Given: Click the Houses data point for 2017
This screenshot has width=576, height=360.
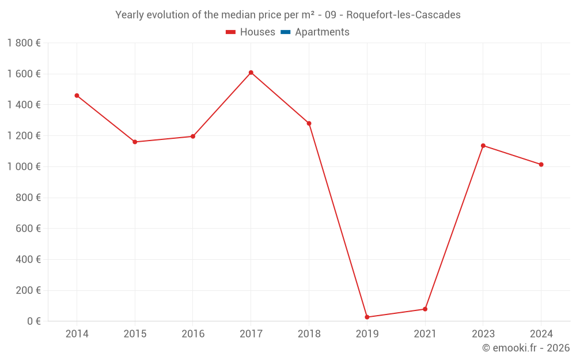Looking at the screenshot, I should pyautogui.click(x=251, y=73).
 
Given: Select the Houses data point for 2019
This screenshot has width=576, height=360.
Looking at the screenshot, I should pyautogui.click(x=367, y=317).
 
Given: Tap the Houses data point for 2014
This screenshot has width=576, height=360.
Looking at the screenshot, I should pyautogui.click(x=77, y=96).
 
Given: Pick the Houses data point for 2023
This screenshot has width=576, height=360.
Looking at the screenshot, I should pyautogui.click(x=483, y=145).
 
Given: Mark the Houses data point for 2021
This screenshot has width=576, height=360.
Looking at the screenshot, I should pyautogui.click(x=425, y=309).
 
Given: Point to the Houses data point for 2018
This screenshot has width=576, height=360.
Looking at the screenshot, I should pyautogui.click(x=309, y=123).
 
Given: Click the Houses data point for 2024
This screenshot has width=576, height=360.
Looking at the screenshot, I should pyautogui.click(x=541, y=164).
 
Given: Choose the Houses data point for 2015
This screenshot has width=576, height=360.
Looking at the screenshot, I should pyautogui.click(x=135, y=142).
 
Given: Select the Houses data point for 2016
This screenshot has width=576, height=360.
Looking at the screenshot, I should pyautogui.click(x=193, y=137).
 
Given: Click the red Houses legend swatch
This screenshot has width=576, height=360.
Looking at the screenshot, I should pyautogui.click(x=231, y=32).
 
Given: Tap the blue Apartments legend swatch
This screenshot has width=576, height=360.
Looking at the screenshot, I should pyautogui.click(x=285, y=32).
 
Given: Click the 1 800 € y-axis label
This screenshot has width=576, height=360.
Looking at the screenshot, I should pyautogui.click(x=24, y=43).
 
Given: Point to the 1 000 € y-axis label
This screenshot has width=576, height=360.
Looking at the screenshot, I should pyautogui.click(x=24, y=166).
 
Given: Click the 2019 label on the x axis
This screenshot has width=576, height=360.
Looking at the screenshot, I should pyautogui.click(x=367, y=334).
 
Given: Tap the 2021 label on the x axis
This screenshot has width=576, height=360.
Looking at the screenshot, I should pyautogui.click(x=425, y=334).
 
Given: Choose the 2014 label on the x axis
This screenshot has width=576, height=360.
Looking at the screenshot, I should pyautogui.click(x=77, y=334).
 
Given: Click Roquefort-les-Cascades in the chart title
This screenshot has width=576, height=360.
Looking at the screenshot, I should pyautogui.click(x=403, y=15).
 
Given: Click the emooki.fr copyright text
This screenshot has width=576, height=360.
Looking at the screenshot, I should pyautogui.click(x=526, y=348).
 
